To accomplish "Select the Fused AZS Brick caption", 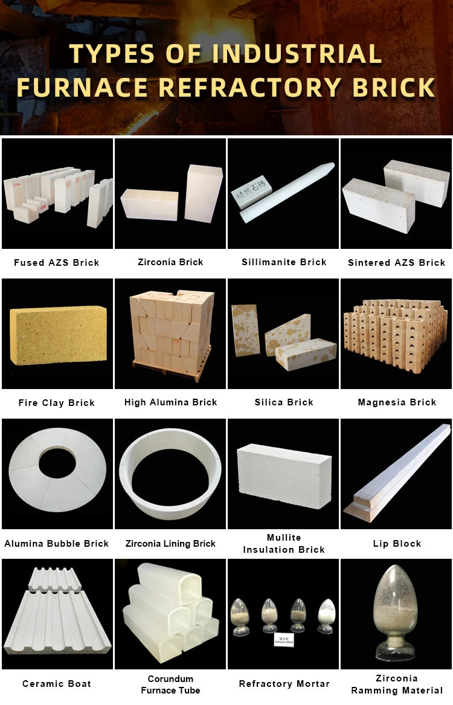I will point(57,263).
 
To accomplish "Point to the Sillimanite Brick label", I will point(284,262).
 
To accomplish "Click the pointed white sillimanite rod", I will point(290,190).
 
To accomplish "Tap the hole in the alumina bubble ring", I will point(57,462).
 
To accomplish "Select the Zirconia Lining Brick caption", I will point(170,544).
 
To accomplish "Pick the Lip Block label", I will point(397,544).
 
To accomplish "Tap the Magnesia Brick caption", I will point(397,402).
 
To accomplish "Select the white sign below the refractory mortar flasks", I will point(283,640).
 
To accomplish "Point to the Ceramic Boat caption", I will point(57,684).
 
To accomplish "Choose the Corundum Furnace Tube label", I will point(170,684).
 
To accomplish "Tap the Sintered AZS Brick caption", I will point(397,263).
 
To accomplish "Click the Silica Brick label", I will point(284,402).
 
